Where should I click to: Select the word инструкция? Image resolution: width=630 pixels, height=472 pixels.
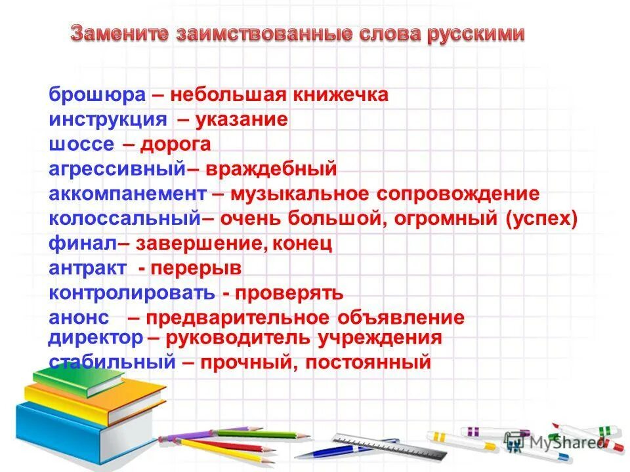pyautogui.click(x=108, y=120)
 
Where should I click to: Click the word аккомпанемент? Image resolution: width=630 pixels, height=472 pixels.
pyautogui.click(x=127, y=194)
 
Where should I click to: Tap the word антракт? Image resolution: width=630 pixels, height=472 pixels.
pyautogui.click(x=87, y=269)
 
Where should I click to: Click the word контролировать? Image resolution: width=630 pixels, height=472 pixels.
pyautogui.click(x=131, y=293)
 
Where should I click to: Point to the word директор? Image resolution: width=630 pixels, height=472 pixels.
pyautogui.click(x=96, y=338)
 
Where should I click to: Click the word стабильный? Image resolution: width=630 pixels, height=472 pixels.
pyautogui.click(x=112, y=362)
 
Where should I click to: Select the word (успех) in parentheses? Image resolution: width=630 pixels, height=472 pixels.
pyautogui.click(x=542, y=219)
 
